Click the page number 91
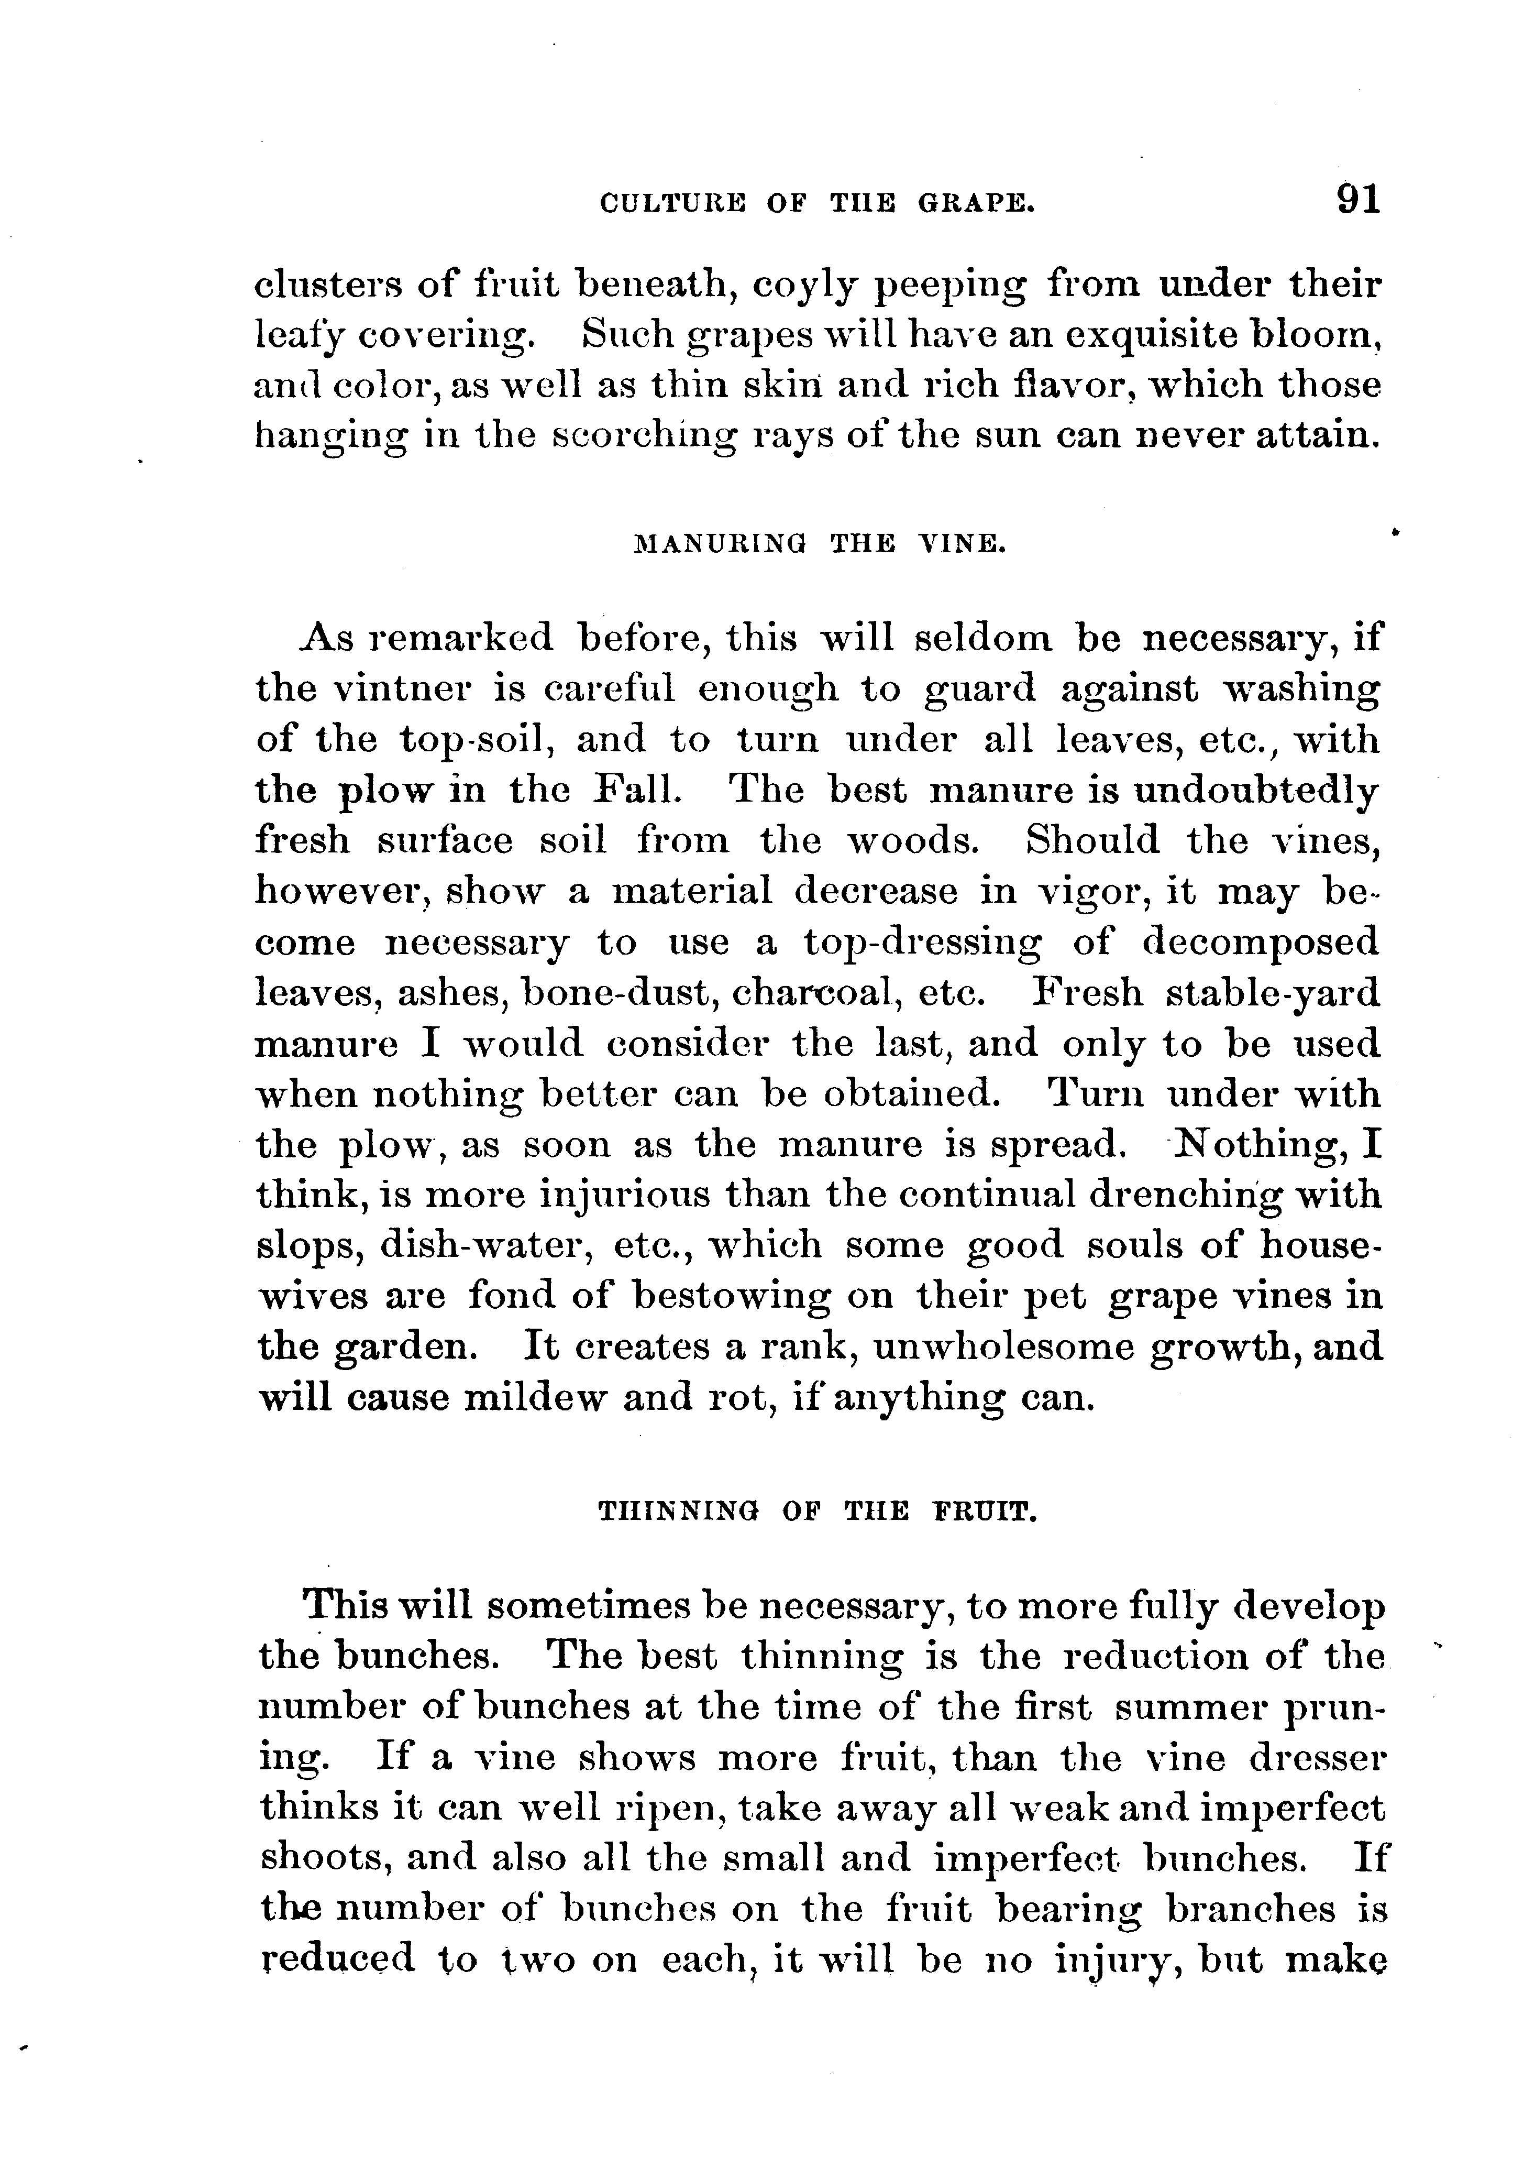[x=1359, y=201]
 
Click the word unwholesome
[x=1003, y=1346]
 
